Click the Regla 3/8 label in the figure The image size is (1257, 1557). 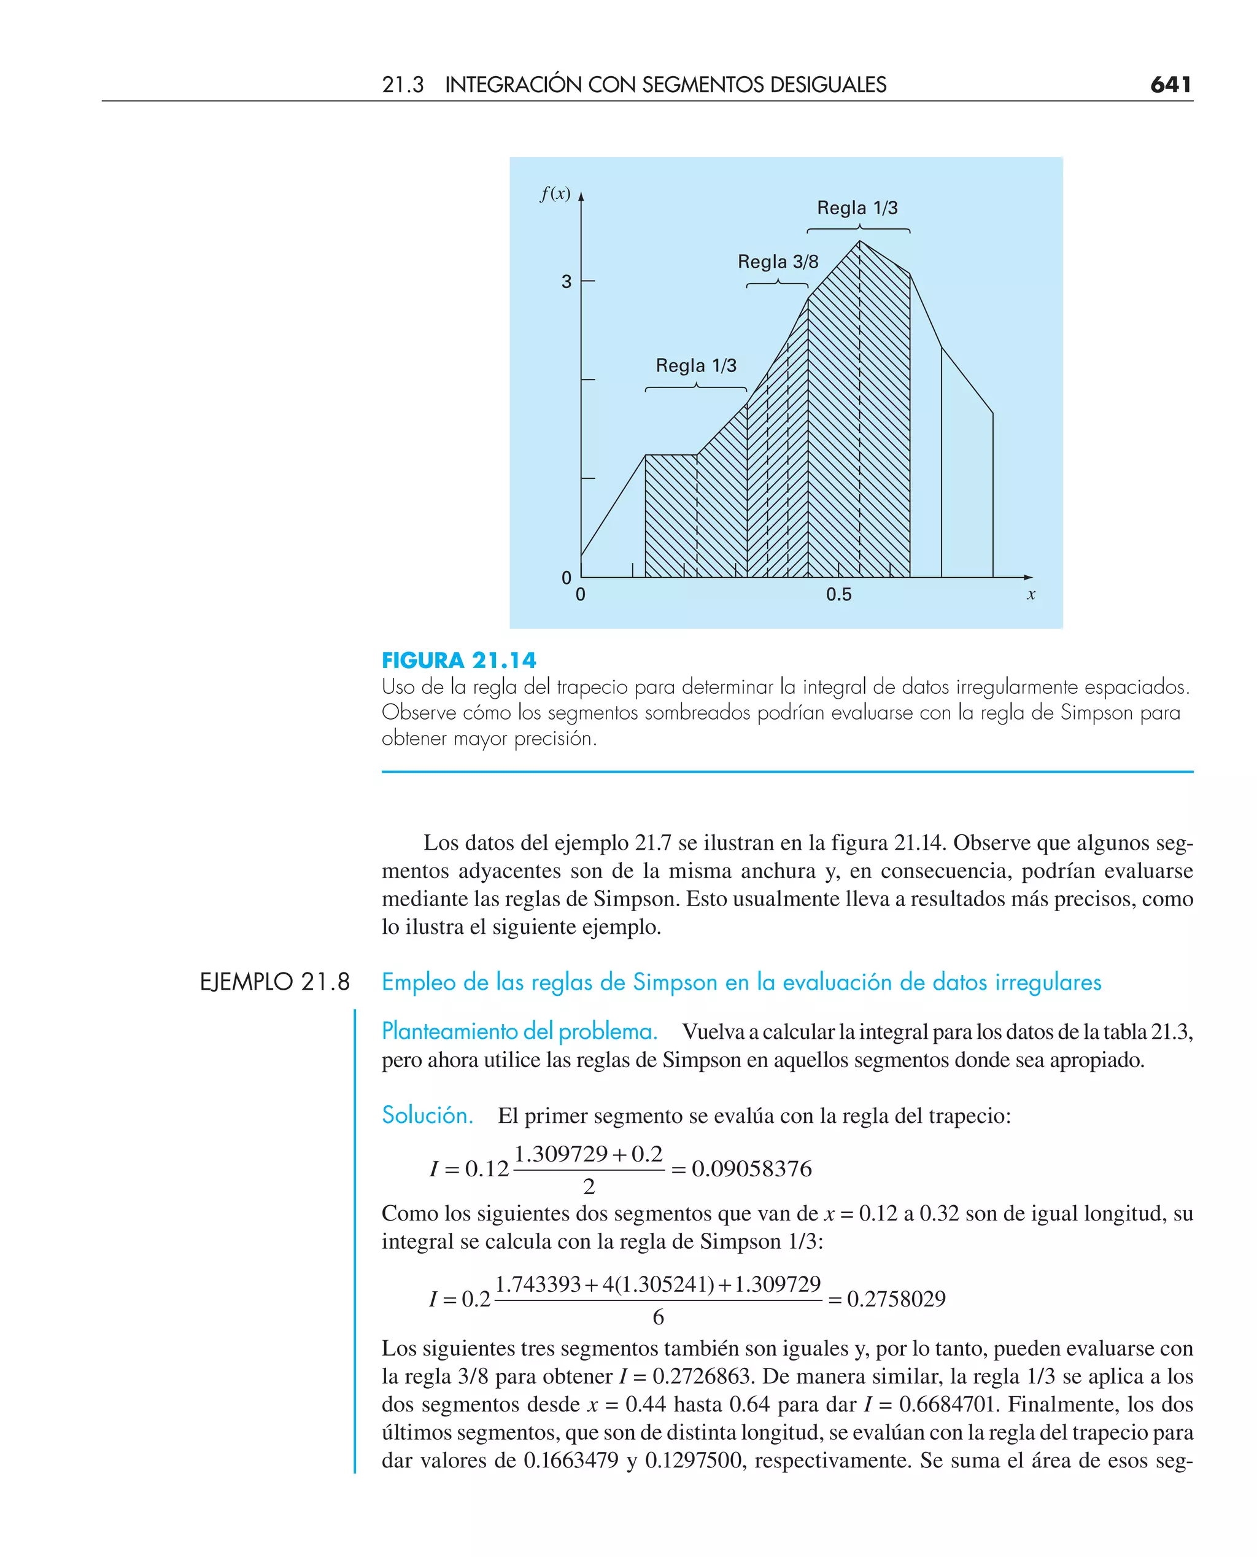[778, 262]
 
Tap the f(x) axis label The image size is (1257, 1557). [555, 193]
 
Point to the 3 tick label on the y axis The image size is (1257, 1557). [567, 282]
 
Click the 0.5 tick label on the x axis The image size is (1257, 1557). [838, 594]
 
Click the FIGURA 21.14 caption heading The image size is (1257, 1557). [459, 661]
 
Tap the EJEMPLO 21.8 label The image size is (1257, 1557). [274, 982]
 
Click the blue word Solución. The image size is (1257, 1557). [427, 1114]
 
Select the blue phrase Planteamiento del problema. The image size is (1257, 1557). [519, 1030]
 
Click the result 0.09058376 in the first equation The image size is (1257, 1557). [752, 1168]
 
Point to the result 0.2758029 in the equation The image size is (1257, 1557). [896, 1299]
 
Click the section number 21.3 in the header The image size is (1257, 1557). [403, 85]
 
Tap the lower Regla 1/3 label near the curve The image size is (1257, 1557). [696, 366]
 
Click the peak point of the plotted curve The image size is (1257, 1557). [859, 241]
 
